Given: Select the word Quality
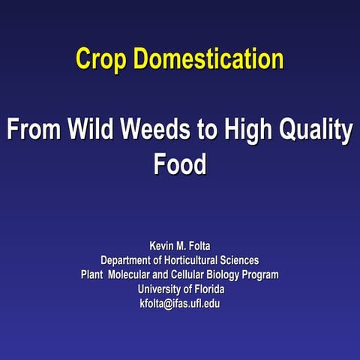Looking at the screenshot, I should [318, 131].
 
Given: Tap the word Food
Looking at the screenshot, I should [180, 165].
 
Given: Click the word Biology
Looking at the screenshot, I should [235, 275].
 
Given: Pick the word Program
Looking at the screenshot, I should [268, 275].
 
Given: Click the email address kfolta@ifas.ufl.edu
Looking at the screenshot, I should [179, 304].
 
